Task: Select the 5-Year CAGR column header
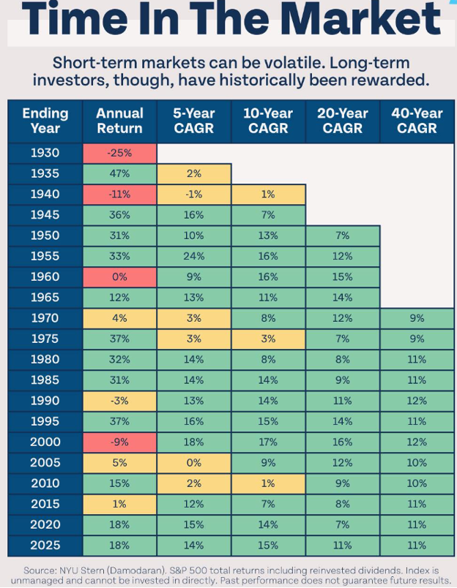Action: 194,121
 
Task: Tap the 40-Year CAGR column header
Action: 417,121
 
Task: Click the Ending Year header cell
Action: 45,121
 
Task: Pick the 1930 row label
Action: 45,153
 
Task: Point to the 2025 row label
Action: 45,545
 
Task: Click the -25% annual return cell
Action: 119,153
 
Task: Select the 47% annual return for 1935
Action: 119,173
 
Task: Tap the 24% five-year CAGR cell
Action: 194,256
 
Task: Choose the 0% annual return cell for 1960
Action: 119,276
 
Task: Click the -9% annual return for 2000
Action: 119,442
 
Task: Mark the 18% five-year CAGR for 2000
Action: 194,442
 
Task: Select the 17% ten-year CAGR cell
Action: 268,442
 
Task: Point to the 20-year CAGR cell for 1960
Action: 343,276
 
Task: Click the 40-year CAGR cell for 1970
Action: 417,318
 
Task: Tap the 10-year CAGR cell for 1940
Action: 268,195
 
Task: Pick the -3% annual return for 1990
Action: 119,401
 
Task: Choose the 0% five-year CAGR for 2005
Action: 194,462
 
